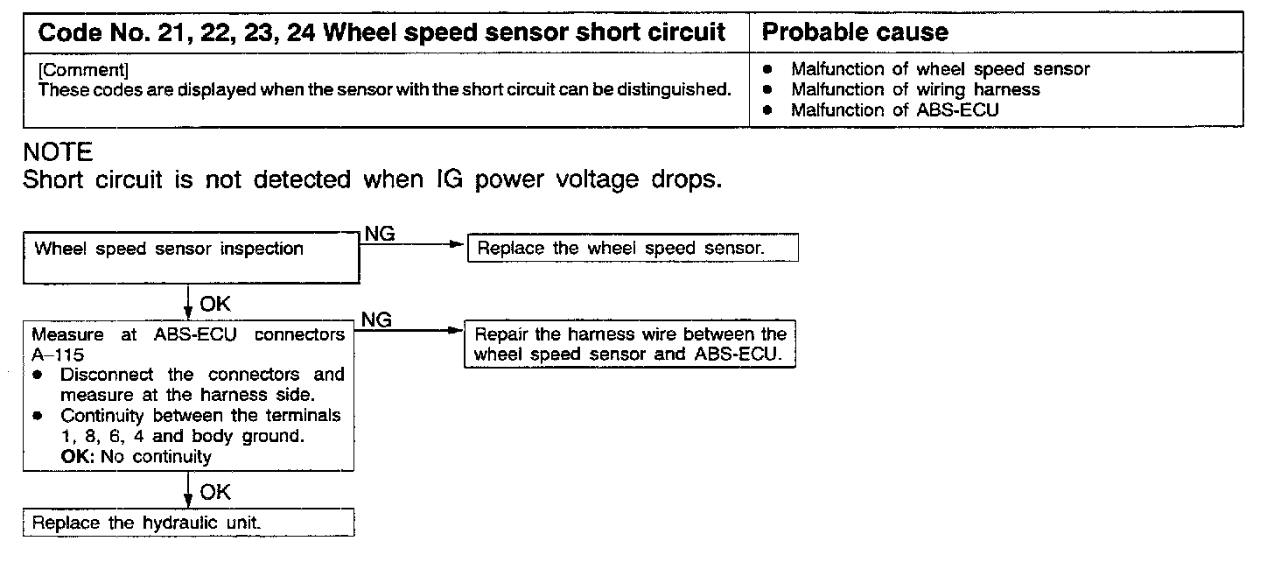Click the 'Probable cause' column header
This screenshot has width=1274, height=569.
click(855, 33)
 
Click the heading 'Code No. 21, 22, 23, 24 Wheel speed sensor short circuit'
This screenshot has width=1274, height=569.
click(382, 33)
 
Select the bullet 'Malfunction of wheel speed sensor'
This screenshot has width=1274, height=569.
click(940, 69)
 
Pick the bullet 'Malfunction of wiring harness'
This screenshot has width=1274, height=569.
click(915, 89)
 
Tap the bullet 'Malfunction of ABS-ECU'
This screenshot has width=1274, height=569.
click(894, 110)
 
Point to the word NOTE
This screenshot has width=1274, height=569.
click(58, 153)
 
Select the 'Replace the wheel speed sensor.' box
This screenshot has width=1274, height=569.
click(634, 248)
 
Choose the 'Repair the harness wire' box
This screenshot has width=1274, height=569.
click(630, 345)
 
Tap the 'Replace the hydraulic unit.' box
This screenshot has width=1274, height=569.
click(188, 523)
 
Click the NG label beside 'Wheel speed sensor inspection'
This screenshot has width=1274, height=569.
click(378, 234)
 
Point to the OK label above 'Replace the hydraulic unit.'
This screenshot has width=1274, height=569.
click(215, 492)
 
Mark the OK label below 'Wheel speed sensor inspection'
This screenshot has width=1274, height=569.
click(215, 304)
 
